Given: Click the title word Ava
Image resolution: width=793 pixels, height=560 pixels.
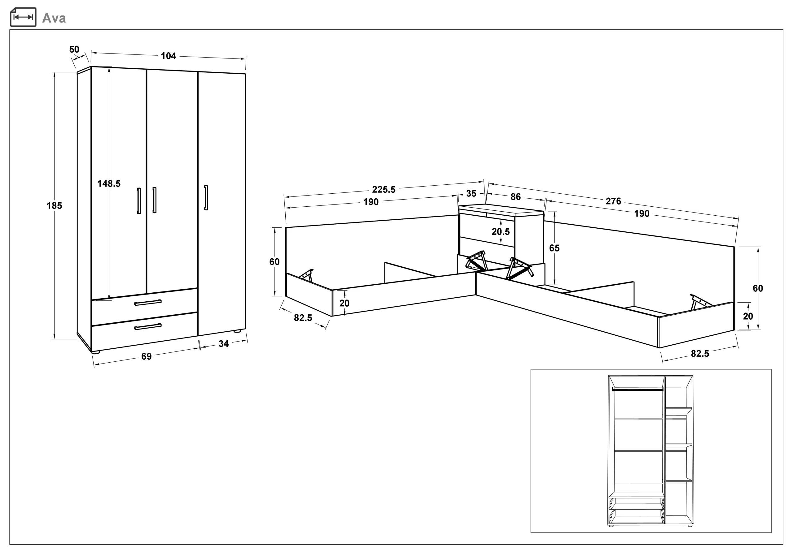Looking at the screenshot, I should click(54, 18).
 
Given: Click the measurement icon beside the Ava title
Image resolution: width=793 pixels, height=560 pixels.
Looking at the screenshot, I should click(23, 17).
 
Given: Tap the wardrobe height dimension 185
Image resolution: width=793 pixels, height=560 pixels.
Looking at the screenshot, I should click(54, 206).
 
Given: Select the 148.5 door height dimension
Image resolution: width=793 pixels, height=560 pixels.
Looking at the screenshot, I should click(109, 183).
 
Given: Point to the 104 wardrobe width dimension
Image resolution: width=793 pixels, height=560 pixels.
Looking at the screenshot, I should click(169, 56).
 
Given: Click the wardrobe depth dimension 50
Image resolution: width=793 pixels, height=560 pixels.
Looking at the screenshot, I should click(74, 49).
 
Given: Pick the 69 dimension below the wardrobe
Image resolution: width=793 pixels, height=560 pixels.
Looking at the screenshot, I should click(147, 356).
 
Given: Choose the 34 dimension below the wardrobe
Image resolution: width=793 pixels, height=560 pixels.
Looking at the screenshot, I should click(223, 344).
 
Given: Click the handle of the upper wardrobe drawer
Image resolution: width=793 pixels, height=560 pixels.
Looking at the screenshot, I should click(148, 303).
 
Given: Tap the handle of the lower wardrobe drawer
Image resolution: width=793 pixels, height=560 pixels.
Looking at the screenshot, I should click(148, 326).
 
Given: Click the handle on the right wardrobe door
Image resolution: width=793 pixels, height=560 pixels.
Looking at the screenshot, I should click(206, 198).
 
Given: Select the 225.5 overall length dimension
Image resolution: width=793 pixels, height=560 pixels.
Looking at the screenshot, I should click(384, 189).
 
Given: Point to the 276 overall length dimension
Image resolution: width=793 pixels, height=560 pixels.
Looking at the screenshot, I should click(613, 201).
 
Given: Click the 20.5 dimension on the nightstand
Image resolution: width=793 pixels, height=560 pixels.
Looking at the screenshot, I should click(501, 231).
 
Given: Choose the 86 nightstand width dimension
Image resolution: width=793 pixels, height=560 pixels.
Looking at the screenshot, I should click(515, 197).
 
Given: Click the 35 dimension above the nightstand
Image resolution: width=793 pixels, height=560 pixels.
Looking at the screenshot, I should click(471, 194).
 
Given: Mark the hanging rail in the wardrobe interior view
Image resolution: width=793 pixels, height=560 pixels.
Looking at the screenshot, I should click(637, 390).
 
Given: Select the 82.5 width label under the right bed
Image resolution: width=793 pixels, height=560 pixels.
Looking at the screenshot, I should click(700, 354).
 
